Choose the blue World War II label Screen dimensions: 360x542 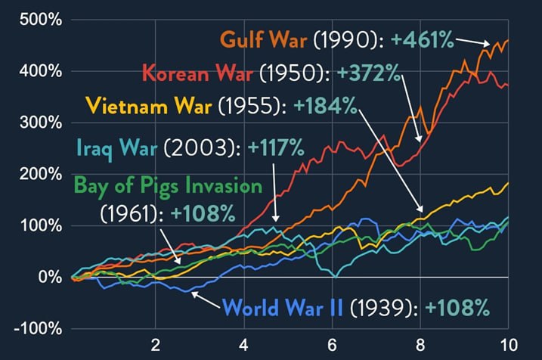[283, 308]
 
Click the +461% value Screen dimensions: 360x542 [424, 38]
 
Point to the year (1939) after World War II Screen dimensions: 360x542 [383, 308]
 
